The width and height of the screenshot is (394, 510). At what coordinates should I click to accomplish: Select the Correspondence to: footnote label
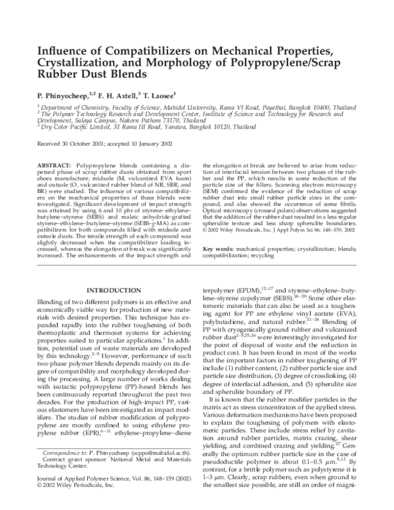click(x=66, y=471)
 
